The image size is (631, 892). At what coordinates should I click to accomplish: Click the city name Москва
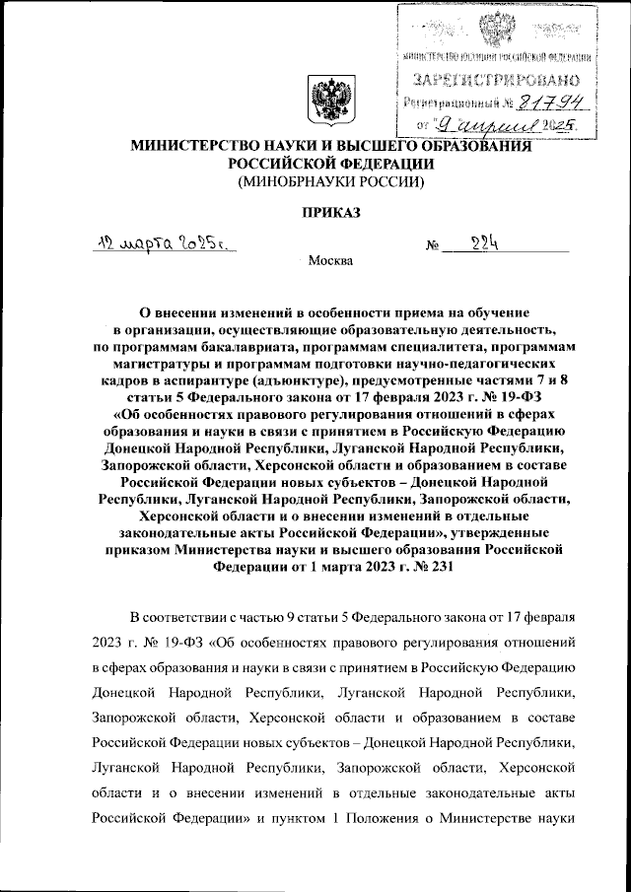pos(329,262)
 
